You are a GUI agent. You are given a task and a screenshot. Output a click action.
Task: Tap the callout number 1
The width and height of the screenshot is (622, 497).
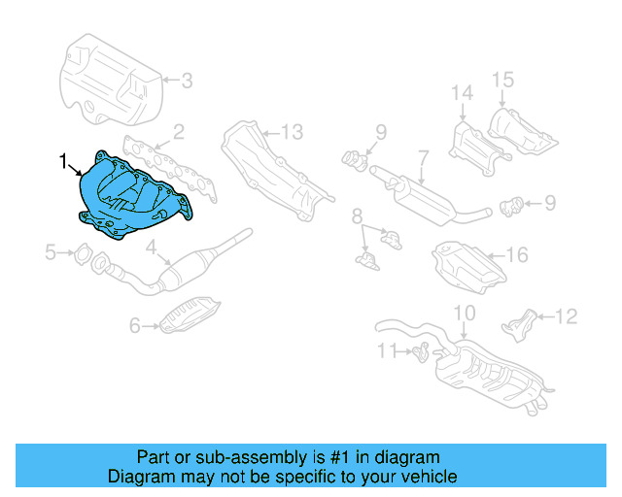coord(64,158)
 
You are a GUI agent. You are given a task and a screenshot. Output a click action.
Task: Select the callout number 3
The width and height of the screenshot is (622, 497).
coord(187,81)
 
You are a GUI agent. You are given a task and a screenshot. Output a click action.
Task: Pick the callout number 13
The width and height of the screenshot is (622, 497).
coord(293,131)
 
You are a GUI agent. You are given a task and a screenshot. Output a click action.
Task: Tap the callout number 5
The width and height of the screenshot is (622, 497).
coord(51,253)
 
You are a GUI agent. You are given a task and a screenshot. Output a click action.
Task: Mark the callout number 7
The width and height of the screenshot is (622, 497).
coord(423,156)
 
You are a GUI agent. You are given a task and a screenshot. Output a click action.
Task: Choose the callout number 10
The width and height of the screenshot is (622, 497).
coord(465,313)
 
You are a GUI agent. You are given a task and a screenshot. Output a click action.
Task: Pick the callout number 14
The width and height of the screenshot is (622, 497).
coord(461,92)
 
